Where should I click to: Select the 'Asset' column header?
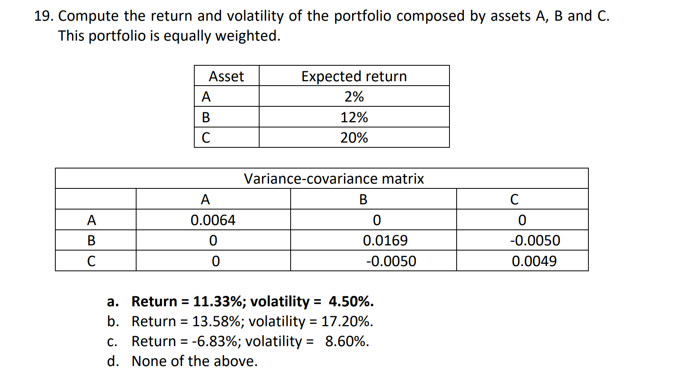pyautogui.click(x=226, y=76)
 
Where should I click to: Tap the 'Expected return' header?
pyautogui.click(x=354, y=76)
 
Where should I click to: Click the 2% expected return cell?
pyautogui.click(x=354, y=97)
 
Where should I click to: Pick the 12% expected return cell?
pyautogui.click(x=354, y=118)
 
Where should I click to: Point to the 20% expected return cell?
pyautogui.click(x=354, y=138)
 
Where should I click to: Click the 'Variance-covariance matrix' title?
pyautogui.click(x=334, y=179)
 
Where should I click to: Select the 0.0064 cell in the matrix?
pyautogui.click(x=213, y=220)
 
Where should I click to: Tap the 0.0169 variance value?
pyautogui.click(x=385, y=241)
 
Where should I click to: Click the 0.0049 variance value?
pyautogui.click(x=534, y=261)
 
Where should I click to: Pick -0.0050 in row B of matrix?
pyautogui.click(x=535, y=241)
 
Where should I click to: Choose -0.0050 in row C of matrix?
pyautogui.click(x=391, y=261)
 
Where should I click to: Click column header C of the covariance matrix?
pyautogui.click(x=514, y=199)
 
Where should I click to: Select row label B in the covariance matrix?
pyautogui.click(x=91, y=241)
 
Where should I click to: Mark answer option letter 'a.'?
pyautogui.click(x=113, y=302)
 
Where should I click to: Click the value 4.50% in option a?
pyautogui.click(x=351, y=302)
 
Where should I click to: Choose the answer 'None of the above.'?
pyautogui.click(x=195, y=361)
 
